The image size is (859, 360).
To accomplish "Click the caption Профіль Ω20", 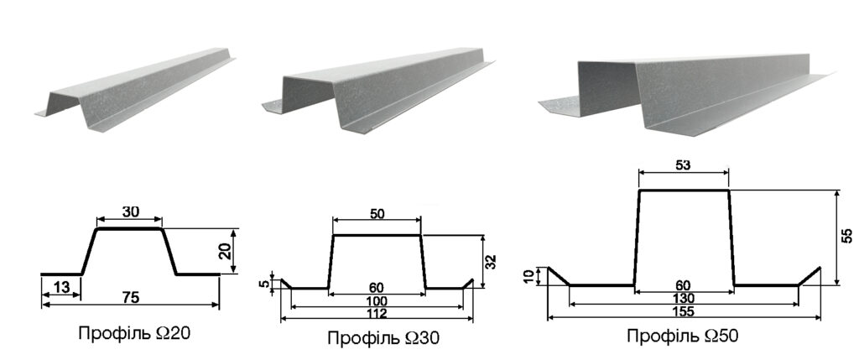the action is (135, 333).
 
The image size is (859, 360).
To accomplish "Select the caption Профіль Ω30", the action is (383, 337).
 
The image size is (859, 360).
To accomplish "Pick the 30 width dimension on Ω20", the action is (129, 211).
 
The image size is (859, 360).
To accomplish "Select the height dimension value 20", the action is (224, 251).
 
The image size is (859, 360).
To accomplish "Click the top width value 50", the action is (377, 213).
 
